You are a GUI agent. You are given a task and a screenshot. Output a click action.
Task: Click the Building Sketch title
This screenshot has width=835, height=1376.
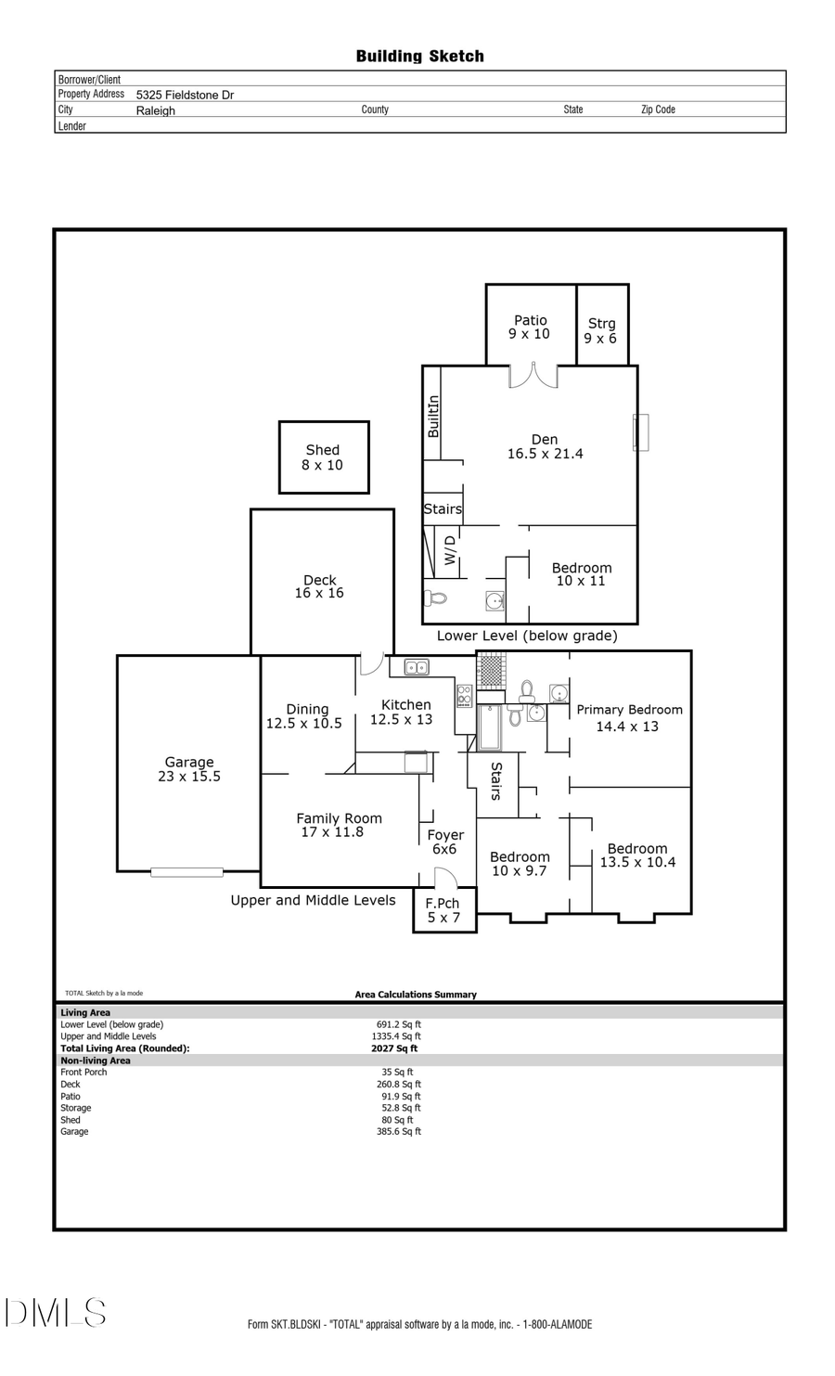coord(419,57)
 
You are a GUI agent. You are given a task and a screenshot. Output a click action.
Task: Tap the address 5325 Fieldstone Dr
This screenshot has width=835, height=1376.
coord(185,95)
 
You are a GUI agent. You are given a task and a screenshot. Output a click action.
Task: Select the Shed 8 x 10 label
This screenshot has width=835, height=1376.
coord(323,457)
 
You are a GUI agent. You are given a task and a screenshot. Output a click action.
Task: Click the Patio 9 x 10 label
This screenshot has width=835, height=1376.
coord(530,327)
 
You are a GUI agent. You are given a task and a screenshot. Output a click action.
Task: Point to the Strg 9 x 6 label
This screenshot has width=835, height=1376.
coord(601,330)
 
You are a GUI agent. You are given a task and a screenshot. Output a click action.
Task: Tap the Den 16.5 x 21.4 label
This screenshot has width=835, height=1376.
coord(545,446)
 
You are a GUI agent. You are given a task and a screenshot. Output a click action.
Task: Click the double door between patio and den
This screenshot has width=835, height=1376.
coord(533,376)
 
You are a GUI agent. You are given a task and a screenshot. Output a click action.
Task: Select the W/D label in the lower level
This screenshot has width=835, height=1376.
coord(450,550)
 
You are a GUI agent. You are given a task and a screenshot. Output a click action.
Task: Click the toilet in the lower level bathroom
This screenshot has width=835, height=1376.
coord(435,598)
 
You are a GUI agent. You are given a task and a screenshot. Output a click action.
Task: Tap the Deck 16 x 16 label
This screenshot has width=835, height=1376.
coord(319,586)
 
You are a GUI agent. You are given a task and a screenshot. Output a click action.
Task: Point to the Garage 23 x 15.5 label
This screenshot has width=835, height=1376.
coord(189,769)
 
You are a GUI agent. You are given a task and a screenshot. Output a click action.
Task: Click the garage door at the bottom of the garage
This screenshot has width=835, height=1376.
coord(186,872)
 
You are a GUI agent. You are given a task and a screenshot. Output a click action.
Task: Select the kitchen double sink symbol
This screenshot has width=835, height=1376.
coord(417,667)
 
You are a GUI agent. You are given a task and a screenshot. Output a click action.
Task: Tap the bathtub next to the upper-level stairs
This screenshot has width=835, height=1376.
coord(489,727)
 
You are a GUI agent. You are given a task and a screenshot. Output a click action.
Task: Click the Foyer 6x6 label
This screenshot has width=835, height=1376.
coord(445,842)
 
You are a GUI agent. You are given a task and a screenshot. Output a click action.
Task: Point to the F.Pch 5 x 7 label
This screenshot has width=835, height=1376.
coord(443,910)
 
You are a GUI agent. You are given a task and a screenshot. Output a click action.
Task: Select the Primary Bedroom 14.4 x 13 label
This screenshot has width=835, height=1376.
coord(629,717)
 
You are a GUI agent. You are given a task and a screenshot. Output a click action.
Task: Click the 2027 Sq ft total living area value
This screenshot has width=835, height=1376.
coord(394,1048)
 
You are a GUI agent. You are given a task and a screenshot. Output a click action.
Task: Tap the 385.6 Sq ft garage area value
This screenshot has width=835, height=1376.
coord(399,1132)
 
